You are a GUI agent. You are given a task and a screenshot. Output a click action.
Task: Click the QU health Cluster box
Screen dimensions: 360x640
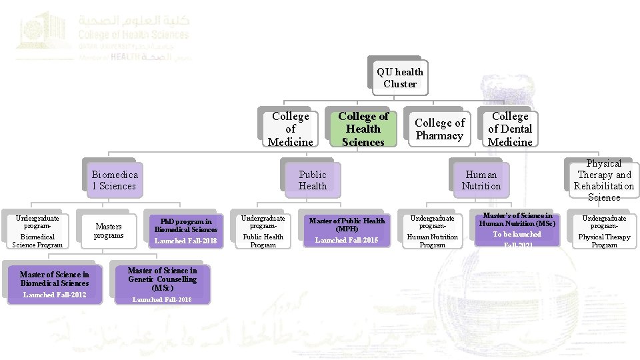coord(399,78)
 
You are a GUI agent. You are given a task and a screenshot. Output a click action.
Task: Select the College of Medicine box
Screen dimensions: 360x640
coord(290,129)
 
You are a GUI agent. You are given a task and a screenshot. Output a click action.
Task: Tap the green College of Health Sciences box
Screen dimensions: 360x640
coord(363,129)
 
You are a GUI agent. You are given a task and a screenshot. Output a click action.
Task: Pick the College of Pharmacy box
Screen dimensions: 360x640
coord(439,129)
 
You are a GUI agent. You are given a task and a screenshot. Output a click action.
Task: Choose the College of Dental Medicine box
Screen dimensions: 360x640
coord(510,129)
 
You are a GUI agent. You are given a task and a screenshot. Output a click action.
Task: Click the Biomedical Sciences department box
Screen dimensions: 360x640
coord(114,180)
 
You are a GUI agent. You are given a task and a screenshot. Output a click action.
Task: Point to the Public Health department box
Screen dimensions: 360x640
coord(312,180)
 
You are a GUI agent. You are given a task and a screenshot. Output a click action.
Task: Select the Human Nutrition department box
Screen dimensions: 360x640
coord(481,180)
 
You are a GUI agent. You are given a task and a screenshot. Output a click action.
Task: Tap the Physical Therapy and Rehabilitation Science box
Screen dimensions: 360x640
coord(603,180)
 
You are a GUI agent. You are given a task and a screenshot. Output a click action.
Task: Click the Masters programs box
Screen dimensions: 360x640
coord(109,231)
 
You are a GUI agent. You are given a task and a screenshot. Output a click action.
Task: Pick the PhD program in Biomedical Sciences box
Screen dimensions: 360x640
coord(185,230)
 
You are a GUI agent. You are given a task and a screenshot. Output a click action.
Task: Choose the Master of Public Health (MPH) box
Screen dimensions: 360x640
coord(347,230)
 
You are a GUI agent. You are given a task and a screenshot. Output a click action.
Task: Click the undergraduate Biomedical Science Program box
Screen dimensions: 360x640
coord(37,231)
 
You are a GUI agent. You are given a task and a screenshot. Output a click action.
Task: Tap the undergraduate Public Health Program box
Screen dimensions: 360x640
coord(263,231)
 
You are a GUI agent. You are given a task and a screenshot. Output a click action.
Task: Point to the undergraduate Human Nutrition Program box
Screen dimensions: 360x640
coord(432,231)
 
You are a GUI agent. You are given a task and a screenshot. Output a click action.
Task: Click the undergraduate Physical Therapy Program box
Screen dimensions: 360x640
coord(604,231)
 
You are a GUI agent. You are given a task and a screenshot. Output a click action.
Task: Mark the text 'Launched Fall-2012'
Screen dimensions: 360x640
coord(55,295)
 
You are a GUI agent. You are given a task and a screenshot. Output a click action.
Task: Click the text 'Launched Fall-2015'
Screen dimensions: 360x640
coord(347,240)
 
